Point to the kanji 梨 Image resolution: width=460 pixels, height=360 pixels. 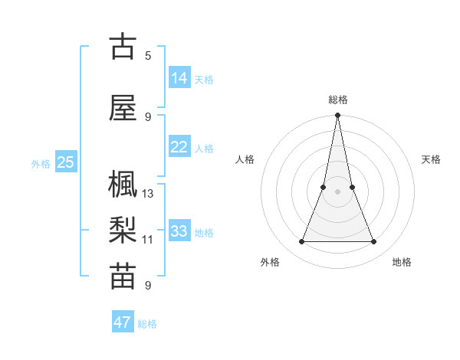(x=123, y=231)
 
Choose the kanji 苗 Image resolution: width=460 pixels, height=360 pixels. (x=123, y=277)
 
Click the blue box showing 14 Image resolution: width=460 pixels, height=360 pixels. (x=179, y=78)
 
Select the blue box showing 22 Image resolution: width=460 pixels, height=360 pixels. (x=179, y=147)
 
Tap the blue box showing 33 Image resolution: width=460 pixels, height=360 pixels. (x=179, y=231)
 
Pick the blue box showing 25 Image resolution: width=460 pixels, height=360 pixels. (x=66, y=162)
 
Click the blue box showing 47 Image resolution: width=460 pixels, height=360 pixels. (x=123, y=322)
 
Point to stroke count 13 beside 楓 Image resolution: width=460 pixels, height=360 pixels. (x=148, y=194)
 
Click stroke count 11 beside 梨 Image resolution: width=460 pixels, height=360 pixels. (x=148, y=240)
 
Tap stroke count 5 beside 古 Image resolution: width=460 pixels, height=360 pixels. (x=148, y=55)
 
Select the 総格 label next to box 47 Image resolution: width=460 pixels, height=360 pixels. (x=147, y=324)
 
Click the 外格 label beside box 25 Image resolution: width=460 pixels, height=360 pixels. (x=41, y=163)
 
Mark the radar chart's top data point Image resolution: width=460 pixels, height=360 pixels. (x=337, y=116)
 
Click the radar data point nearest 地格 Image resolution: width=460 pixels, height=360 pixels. (x=374, y=242)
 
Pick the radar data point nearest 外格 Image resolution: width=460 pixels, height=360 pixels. (x=301, y=242)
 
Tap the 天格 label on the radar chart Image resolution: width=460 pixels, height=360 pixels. (x=432, y=159)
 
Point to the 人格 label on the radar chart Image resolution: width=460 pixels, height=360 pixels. (x=245, y=159)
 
